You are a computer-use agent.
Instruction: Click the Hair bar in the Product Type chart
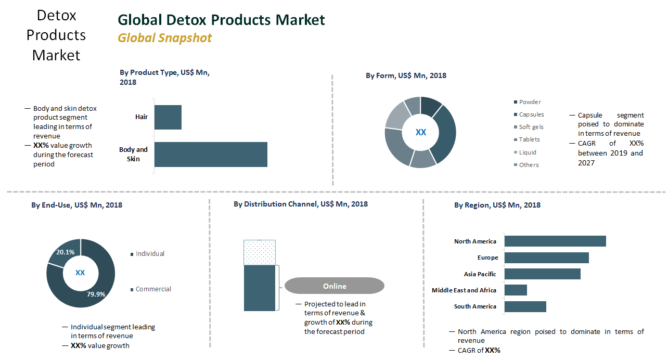coord(168,117)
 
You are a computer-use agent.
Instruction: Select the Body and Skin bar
coord(211,155)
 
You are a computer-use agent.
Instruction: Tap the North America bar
coord(555,241)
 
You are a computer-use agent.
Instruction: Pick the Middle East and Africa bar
coord(516,290)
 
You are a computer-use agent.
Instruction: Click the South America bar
coord(525,306)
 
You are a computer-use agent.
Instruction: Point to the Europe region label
coord(487,258)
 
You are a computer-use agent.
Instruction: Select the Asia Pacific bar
coord(542,274)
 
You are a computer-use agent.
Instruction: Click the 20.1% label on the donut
coord(65,252)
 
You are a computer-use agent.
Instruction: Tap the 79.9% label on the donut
coord(96,294)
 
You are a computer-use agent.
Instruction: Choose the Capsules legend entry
coord(531,114)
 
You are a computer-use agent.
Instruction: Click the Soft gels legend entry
coord(531,127)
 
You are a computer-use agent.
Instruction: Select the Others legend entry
coord(529,165)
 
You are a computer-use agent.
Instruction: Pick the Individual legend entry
coord(150,254)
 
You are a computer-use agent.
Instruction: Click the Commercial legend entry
coord(153,289)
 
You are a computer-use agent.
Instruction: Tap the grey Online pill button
coord(334,286)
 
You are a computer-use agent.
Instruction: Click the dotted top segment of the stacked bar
coord(260,252)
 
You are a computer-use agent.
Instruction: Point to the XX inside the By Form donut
coord(420,133)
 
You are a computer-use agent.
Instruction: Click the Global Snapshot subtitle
coord(164,38)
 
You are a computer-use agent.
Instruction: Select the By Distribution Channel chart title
coord(300,204)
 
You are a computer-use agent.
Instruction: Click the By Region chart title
coord(497,205)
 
